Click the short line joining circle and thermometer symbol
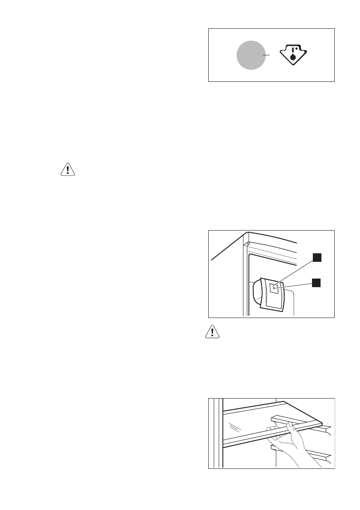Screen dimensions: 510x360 click(267, 55)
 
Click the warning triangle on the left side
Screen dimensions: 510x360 click(67, 170)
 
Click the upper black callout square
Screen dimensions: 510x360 click(316, 257)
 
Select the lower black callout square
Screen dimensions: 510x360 click(316, 282)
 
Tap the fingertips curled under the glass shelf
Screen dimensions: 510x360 click(270, 429)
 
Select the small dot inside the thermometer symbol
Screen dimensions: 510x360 click(296, 49)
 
